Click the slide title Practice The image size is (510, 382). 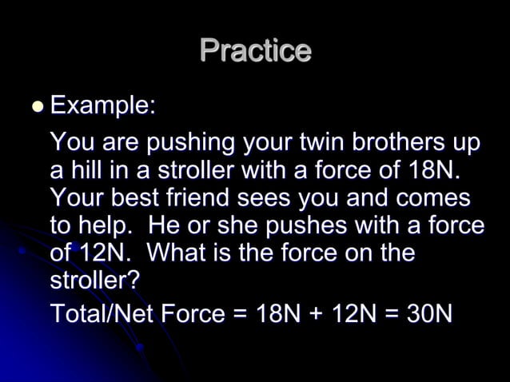255,50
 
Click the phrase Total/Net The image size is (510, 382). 103,313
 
